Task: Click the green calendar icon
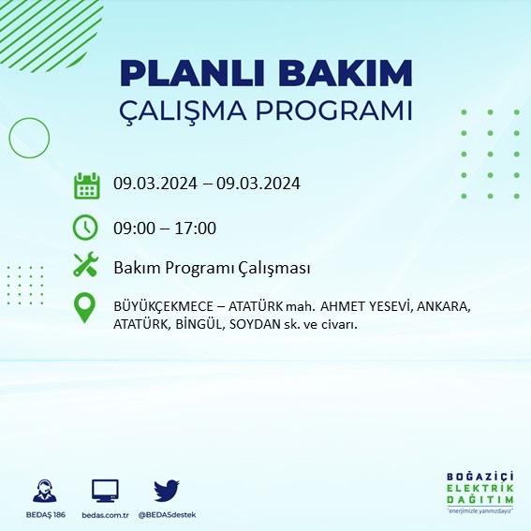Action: [x=86, y=185]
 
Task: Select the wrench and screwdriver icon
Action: [x=86, y=266]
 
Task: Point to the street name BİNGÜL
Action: [x=198, y=324]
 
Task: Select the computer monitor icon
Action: [x=105, y=490]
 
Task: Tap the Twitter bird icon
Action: [x=167, y=490]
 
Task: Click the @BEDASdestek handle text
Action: [x=168, y=515]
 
